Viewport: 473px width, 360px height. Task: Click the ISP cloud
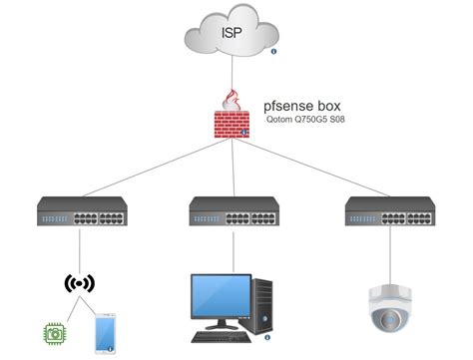[232, 34]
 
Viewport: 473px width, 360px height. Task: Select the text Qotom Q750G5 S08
[309, 125]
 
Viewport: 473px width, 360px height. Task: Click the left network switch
[77, 212]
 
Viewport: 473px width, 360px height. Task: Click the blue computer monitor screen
[218, 298]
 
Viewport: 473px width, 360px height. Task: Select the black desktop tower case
[263, 305]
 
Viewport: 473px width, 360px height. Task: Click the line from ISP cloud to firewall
[231, 76]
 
